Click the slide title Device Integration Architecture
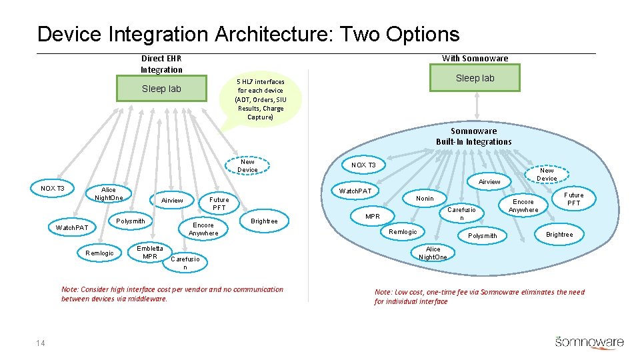click(x=248, y=34)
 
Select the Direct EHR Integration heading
click(x=161, y=64)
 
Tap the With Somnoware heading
click(x=475, y=59)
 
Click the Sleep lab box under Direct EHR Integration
click(x=161, y=89)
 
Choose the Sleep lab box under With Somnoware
click(x=475, y=78)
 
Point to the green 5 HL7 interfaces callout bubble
click(x=259, y=99)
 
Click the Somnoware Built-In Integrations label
click(x=473, y=136)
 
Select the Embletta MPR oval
click(x=150, y=253)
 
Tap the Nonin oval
click(x=425, y=198)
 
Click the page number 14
click(x=41, y=343)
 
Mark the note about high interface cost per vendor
click(x=172, y=294)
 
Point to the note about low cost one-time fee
click(x=479, y=297)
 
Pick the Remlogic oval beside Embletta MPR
click(x=100, y=253)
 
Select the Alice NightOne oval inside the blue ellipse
click(x=433, y=253)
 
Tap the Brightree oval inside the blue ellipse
click(x=559, y=234)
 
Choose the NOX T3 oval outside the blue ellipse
click(x=53, y=189)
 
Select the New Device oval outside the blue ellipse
click(x=247, y=165)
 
